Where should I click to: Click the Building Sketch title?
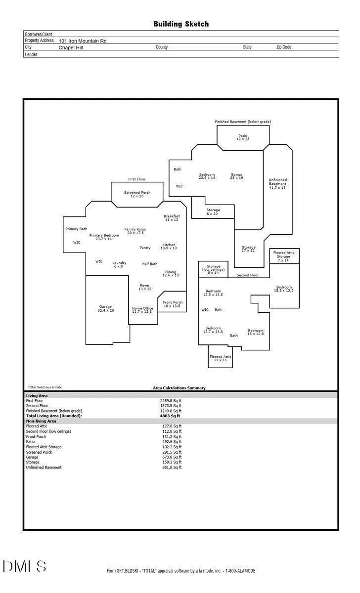(x=181, y=24)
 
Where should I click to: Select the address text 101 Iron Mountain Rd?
(x=83, y=41)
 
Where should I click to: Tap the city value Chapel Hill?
(x=71, y=47)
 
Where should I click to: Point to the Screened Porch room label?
(x=137, y=194)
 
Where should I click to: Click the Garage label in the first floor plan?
(x=106, y=308)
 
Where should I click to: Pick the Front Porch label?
(x=173, y=304)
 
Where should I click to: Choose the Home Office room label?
(x=142, y=310)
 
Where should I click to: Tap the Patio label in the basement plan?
(x=243, y=137)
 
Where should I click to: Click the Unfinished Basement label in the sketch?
(x=277, y=183)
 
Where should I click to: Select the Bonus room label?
(x=236, y=176)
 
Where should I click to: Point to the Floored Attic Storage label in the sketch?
(x=283, y=256)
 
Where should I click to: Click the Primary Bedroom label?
(x=104, y=237)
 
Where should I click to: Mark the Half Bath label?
(x=150, y=264)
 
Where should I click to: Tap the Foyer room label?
(x=145, y=287)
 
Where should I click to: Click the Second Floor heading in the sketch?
(x=247, y=275)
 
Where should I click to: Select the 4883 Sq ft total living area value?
(x=170, y=416)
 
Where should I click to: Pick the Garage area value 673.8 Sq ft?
(x=172, y=457)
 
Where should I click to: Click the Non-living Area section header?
(x=41, y=421)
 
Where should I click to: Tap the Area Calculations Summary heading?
(x=179, y=388)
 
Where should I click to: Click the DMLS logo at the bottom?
(x=24, y=566)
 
